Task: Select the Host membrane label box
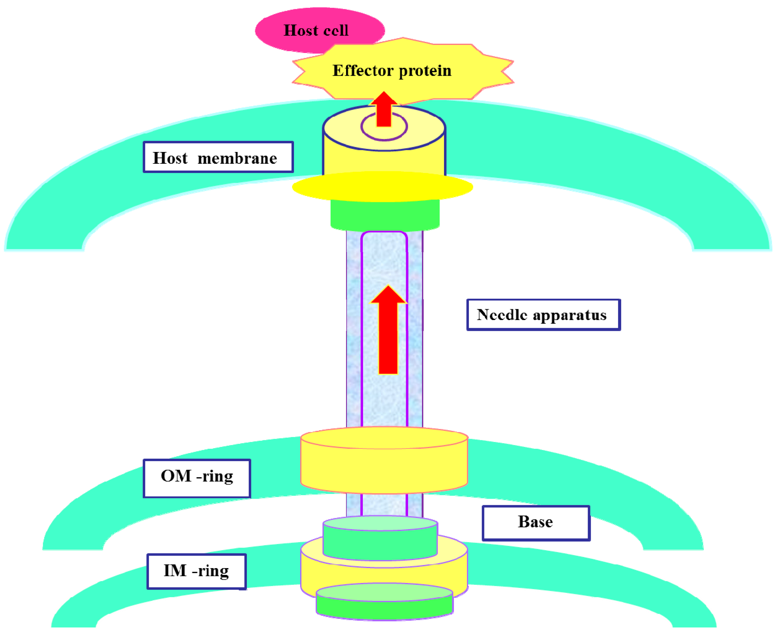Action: tap(218, 157)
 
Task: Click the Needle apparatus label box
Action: tap(543, 315)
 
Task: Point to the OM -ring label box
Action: tap(197, 478)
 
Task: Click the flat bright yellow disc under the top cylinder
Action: tap(382, 187)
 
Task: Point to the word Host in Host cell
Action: tap(300, 30)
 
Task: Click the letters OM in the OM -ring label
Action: tap(176, 476)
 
